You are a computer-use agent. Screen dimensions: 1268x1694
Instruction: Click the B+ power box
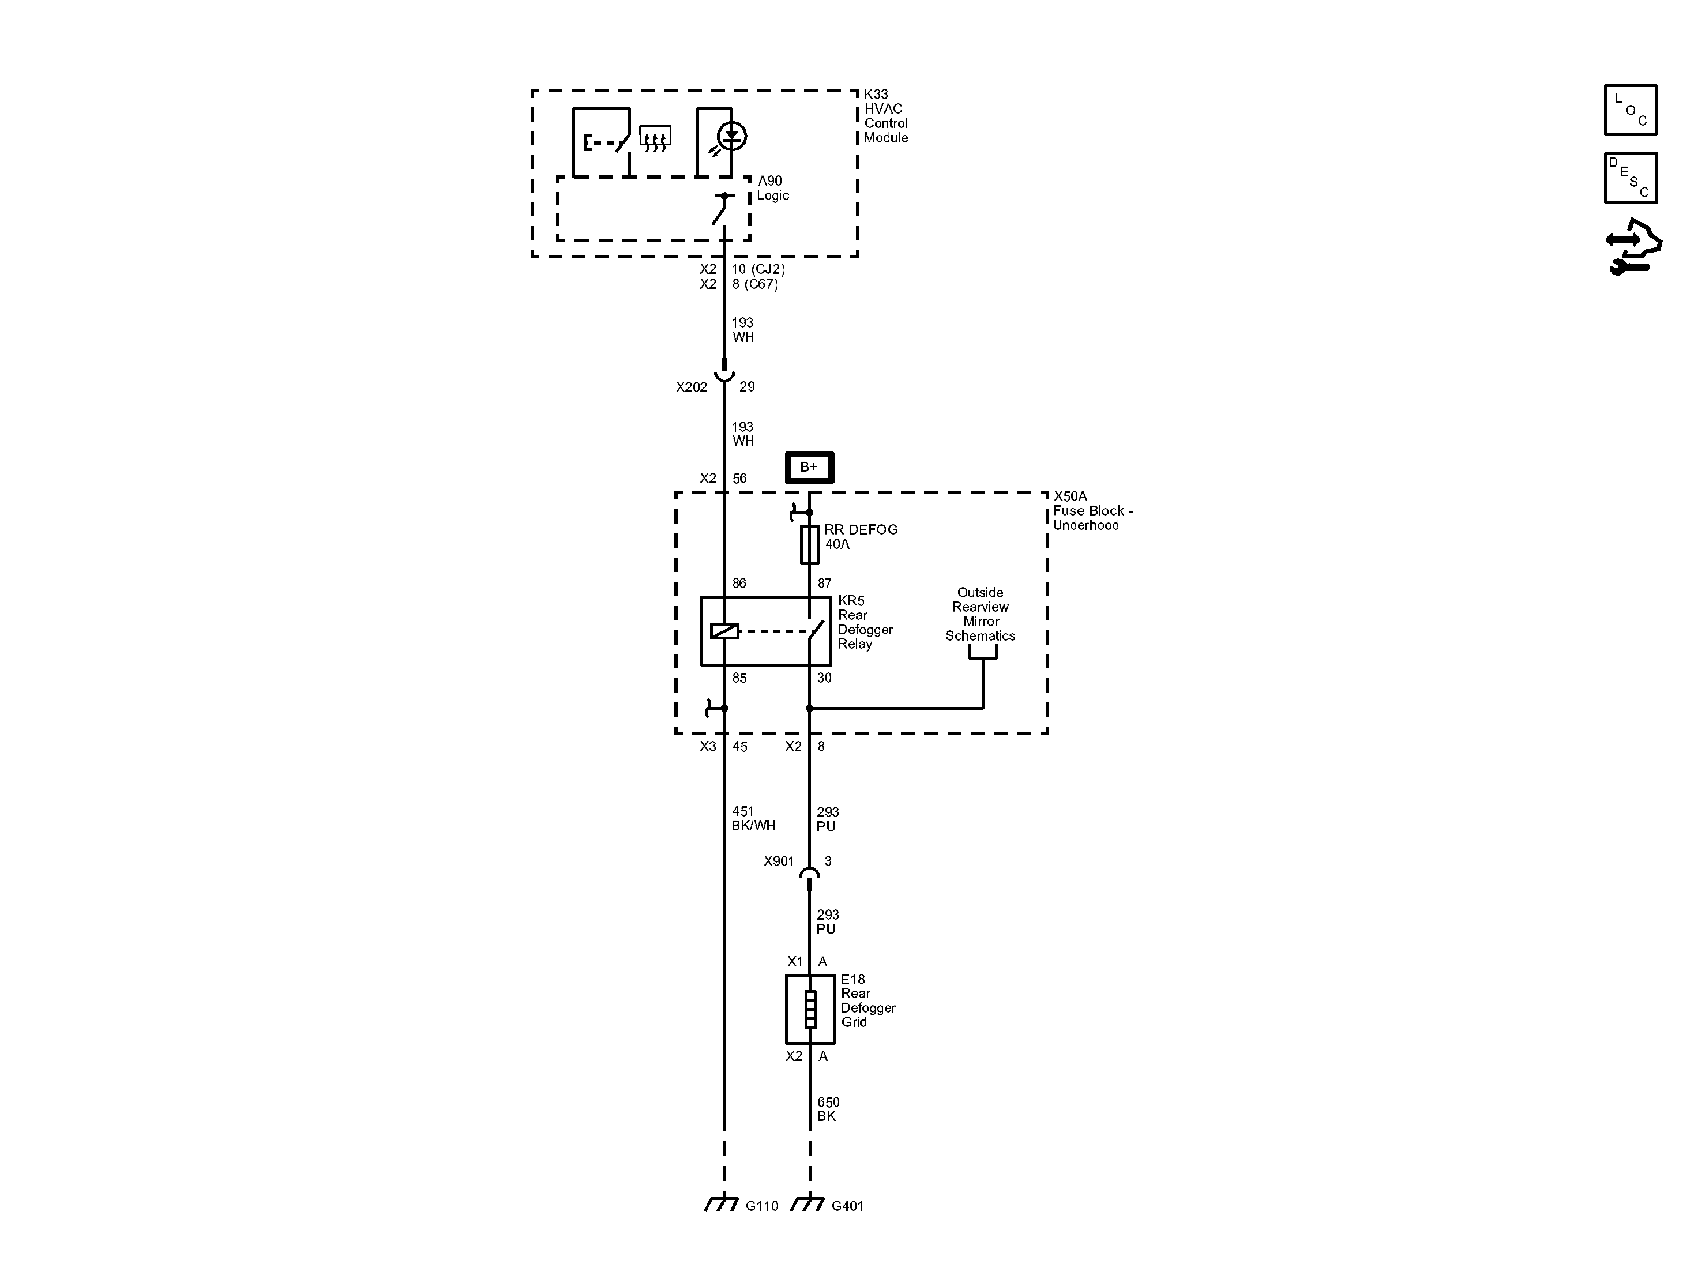pyautogui.click(x=809, y=467)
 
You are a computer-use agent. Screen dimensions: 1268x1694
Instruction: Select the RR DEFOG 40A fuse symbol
pyautogui.click(x=809, y=544)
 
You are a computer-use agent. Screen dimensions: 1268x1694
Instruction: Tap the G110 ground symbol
pyautogui.click(x=722, y=1205)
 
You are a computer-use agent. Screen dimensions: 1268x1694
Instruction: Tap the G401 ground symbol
pyautogui.click(x=807, y=1205)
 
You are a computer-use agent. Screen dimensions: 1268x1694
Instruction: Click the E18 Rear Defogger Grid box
pyautogui.click(x=809, y=1009)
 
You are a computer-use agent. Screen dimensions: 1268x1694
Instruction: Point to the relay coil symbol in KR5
pyautogui.click(x=724, y=631)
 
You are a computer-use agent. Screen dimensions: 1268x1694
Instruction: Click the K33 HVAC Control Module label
pyautogui.click(x=885, y=116)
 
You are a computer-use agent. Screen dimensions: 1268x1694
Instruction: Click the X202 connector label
pyautogui.click(x=691, y=387)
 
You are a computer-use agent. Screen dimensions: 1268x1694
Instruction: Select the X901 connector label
pyautogui.click(x=778, y=861)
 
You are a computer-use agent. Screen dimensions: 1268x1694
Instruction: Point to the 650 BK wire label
pyautogui.click(x=828, y=1109)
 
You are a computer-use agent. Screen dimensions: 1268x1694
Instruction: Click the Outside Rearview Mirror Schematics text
pyautogui.click(x=981, y=614)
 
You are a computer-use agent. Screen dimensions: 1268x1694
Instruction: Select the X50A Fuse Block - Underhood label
pyautogui.click(x=1091, y=511)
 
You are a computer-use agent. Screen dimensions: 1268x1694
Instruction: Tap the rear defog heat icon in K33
pyautogui.click(x=655, y=138)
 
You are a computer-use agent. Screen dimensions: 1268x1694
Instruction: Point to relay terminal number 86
pyautogui.click(x=738, y=584)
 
